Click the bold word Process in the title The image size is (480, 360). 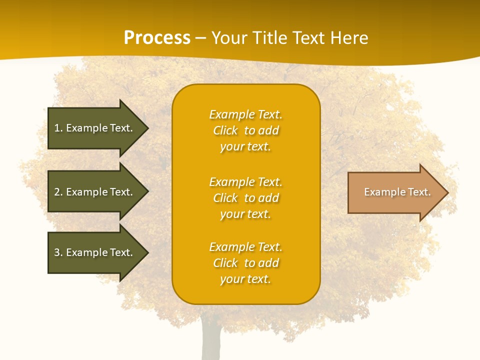pyautogui.click(x=157, y=38)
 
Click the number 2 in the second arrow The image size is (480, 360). pyautogui.click(x=57, y=192)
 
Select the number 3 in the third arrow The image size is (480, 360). pyautogui.click(x=57, y=252)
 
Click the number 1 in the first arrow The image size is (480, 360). pyautogui.click(x=57, y=128)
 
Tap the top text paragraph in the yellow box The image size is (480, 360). pyautogui.click(x=245, y=130)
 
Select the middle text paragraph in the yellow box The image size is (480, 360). pyautogui.click(x=245, y=198)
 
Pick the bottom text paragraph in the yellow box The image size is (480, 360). pyautogui.click(x=245, y=263)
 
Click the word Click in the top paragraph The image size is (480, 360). pyautogui.click(x=225, y=130)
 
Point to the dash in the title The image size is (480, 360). pyautogui.click(x=200, y=38)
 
